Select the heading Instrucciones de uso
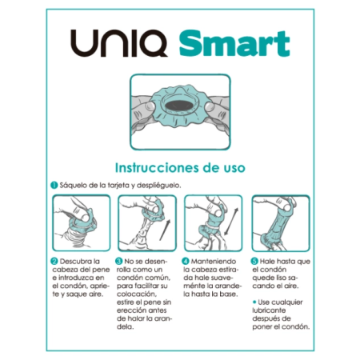[x=180, y=168]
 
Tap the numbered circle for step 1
[x=52, y=186]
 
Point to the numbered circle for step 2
[x=54, y=260]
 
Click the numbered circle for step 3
[x=118, y=260]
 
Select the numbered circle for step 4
[x=185, y=260]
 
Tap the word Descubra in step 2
[x=76, y=261]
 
